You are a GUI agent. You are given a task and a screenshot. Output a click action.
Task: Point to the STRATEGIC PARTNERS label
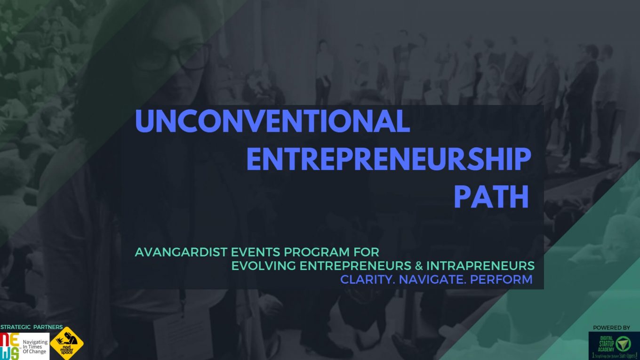click(x=32, y=327)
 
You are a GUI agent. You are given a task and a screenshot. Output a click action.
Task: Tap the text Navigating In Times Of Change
click(x=35, y=347)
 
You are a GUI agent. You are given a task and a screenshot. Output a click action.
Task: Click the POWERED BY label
click(x=611, y=328)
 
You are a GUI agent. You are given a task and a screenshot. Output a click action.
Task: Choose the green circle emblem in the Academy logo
click(x=624, y=344)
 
